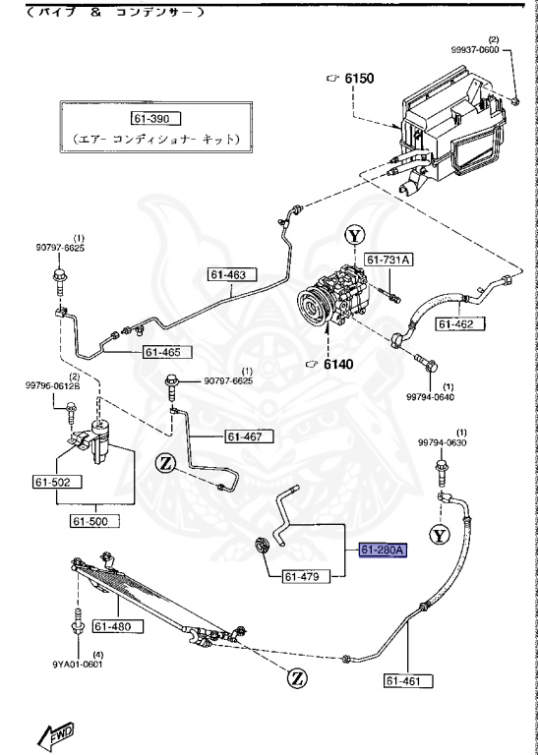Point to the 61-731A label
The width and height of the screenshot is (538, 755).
389,260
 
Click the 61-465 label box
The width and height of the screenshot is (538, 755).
167,351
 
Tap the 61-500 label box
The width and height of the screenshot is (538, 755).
95,521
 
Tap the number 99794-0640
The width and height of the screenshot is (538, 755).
430,397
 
